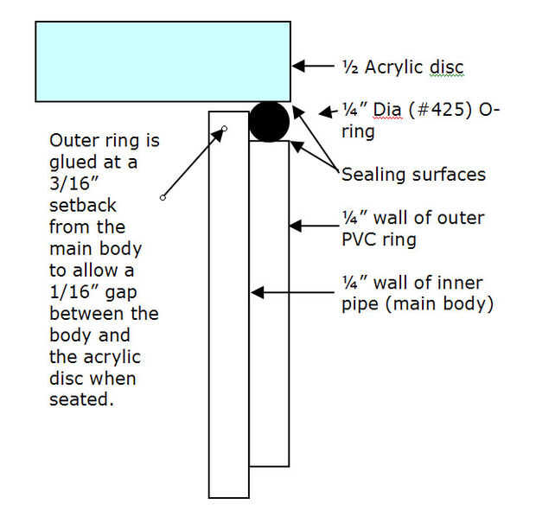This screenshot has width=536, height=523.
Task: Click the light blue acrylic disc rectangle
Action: (163, 61)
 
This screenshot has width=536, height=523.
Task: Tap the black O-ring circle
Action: (269, 121)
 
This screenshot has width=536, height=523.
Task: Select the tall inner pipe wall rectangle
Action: (229, 303)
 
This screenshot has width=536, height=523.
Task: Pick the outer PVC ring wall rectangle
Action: (269, 303)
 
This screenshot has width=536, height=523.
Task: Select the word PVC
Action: (361, 239)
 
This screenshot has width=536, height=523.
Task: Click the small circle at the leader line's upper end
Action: (224, 130)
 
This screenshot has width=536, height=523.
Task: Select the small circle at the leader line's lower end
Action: (162, 199)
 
